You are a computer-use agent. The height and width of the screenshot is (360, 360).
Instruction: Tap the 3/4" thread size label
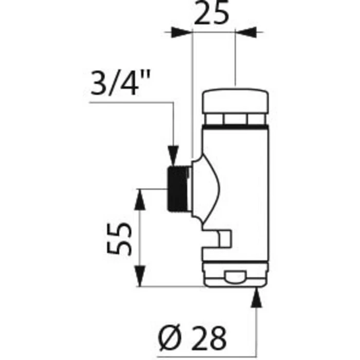(x=120, y=83)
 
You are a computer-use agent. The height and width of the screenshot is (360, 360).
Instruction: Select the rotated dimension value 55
(x=119, y=238)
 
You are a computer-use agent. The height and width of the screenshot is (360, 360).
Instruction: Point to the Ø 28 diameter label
(x=192, y=338)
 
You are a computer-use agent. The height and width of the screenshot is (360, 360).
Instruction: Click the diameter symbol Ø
(x=169, y=338)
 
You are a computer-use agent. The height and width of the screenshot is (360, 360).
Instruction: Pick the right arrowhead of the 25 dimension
(x=246, y=32)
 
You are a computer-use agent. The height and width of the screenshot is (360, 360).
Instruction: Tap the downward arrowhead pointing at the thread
(x=173, y=156)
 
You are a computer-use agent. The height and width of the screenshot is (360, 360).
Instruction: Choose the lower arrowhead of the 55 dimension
(x=140, y=276)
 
